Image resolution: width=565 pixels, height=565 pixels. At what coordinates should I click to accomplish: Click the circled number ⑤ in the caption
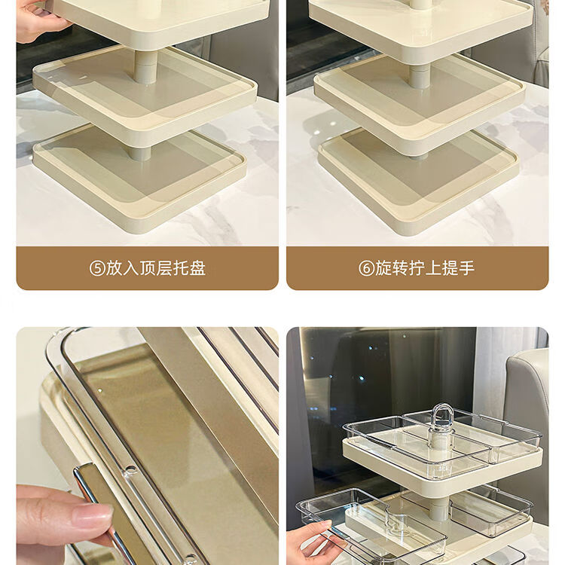[97, 268]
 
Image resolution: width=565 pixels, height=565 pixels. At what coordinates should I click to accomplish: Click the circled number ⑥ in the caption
[366, 268]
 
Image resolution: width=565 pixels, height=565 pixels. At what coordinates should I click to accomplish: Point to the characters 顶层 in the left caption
[156, 268]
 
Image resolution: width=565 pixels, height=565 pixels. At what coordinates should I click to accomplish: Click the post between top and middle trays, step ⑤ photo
[145, 67]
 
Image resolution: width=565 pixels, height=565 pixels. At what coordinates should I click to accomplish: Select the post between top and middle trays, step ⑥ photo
[419, 76]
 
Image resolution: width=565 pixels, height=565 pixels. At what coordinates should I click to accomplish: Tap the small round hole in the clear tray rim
[130, 469]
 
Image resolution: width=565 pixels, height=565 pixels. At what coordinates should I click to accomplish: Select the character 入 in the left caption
[130, 268]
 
